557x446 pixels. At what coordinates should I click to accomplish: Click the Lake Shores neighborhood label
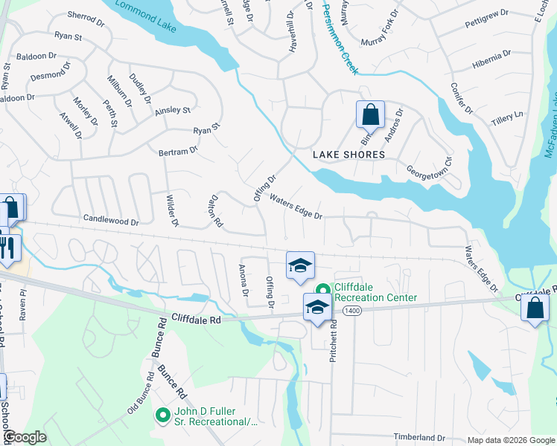click(x=348, y=155)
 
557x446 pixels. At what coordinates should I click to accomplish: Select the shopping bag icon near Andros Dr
click(x=370, y=116)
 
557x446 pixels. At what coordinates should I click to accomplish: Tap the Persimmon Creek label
click(x=340, y=37)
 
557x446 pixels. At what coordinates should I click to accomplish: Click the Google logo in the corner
click(x=25, y=437)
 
